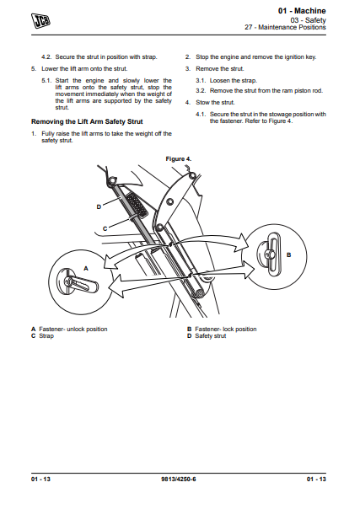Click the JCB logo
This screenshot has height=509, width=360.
point(41,20)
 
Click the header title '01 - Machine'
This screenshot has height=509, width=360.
point(302,11)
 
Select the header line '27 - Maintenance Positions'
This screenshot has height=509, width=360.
point(285,27)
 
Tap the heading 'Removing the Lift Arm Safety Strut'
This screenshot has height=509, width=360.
point(87,121)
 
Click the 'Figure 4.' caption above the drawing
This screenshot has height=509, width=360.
point(179,159)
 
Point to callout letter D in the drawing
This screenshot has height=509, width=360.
point(99,206)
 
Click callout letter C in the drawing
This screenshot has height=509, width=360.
point(105,229)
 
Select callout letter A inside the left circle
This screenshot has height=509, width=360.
point(86,269)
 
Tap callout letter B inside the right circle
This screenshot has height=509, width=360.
point(288,255)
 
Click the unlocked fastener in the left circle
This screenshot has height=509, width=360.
point(77,282)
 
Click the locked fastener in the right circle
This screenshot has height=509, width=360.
point(269,255)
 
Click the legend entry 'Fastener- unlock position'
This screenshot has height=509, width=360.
point(73,330)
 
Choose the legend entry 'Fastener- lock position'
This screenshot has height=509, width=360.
point(226,330)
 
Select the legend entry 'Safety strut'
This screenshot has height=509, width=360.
point(211,336)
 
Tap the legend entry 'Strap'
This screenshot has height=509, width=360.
point(46,336)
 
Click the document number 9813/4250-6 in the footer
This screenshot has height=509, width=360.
point(179,480)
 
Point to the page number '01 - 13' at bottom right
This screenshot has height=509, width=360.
point(316,480)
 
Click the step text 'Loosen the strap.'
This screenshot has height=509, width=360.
point(233,81)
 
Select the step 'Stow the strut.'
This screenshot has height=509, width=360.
point(215,103)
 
